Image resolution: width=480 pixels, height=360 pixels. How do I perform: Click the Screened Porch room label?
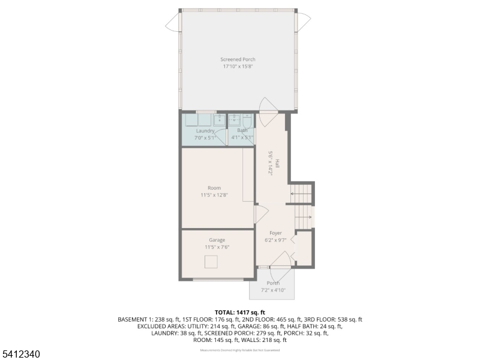pyautogui.click(x=238, y=59)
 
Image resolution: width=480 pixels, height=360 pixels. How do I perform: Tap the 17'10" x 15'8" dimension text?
pyautogui.click(x=238, y=67)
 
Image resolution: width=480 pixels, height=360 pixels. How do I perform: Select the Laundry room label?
pyautogui.click(x=205, y=131)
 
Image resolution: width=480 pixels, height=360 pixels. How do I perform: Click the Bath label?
pyautogui.click(x=242, y=131)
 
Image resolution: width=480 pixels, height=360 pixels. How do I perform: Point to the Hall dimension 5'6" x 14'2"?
pyautogui.click(x=271, y=163)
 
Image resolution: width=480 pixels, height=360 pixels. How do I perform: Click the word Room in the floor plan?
pyautogui.click(x=214, y=188)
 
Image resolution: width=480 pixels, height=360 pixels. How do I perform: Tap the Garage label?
pyautogui.click(x=217, y=240)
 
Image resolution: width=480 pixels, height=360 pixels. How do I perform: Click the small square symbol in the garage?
pyautogui.click(x=211, y=262)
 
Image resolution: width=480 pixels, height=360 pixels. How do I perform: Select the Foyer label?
pyautogui.click(x=275, y=233)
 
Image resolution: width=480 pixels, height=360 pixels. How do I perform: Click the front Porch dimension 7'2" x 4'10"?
pyautogui.click(x=273, y=290)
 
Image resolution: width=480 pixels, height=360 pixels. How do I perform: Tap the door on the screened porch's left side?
pyautogui.click(x=173, y=22)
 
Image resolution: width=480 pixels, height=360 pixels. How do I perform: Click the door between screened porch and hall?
pyautogui.click(x=267, y=106)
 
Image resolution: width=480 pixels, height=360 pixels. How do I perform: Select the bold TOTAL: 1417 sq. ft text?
pyautogui.click(x=240, y=313)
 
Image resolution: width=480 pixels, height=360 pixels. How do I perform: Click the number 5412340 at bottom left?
pyautogui.click(x=21, y=354)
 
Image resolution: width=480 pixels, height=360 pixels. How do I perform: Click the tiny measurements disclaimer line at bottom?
pyautogui.click(x=240, y=350)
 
